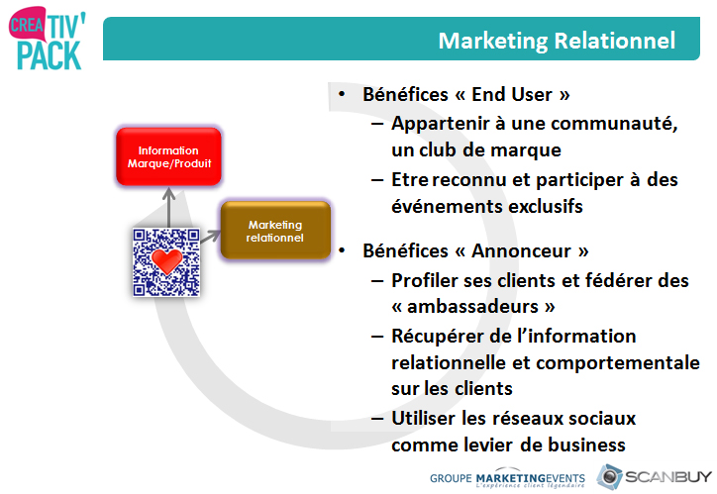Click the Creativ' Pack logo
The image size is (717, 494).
click(x=48, y=38)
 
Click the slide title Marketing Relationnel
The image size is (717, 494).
click(x=557, y=41)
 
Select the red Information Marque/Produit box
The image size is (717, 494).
click(x=168, y=156)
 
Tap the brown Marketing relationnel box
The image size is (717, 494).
click(x=275, y=231)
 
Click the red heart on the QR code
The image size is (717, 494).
click(x=167, y=260)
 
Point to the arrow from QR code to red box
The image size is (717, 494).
click(x=169, y=208)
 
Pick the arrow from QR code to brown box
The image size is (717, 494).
click(x=210, y=237)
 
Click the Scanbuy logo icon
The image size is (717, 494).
click(x=609, y=476)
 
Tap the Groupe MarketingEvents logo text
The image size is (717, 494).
click(x=507, y=478)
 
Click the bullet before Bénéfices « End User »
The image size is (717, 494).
click(x=342, y=94)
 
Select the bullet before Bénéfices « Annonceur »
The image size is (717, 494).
click(x=342, y=250)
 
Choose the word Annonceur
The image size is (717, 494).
click(x=522, y=250)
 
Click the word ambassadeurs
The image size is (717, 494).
click(x=472, y=306)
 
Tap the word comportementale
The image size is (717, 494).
click(x=618, y=363)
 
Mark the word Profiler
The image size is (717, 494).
click(x=425, y=280)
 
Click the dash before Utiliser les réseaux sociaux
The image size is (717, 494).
click(x=377, y=418)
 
